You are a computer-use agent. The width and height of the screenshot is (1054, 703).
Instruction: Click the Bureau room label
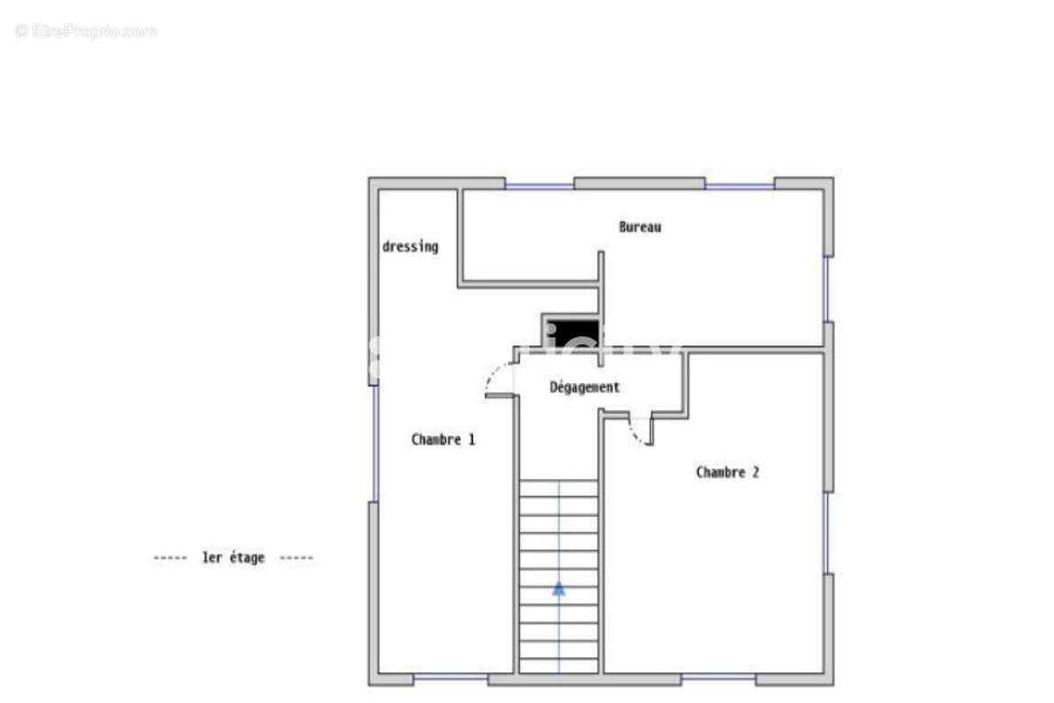[x=640, y=227]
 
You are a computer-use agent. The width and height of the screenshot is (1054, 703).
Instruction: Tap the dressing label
[x=410, y=246]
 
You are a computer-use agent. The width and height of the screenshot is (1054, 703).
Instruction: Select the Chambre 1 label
[x=442, y=440]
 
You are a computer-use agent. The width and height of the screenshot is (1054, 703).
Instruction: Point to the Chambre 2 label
[x=727, y=472]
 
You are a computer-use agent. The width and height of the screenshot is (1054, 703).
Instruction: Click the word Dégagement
[x=585, y=388]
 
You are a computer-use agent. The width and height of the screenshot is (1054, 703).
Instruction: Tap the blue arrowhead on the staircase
[x=559, y=589]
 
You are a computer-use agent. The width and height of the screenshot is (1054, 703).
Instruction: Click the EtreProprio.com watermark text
[x=86, y=32]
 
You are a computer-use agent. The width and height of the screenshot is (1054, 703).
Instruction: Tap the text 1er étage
[x=233, y=558]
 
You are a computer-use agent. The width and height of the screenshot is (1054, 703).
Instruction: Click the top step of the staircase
[x=559, y=488]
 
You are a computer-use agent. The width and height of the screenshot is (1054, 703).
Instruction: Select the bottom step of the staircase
[x=559, y=665]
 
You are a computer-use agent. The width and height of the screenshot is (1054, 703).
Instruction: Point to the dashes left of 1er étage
[x=169, y=558]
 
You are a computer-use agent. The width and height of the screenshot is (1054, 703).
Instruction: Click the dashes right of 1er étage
[x=296, y=558]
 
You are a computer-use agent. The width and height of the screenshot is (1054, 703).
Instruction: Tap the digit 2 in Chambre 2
[x=755, y=472]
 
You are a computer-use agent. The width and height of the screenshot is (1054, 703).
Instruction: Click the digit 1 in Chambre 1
[x=470, y=440]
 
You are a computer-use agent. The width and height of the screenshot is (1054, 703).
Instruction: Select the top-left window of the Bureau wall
[x=539, y=186]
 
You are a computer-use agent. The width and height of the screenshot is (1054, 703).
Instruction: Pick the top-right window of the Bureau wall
[x=739, y=186]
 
